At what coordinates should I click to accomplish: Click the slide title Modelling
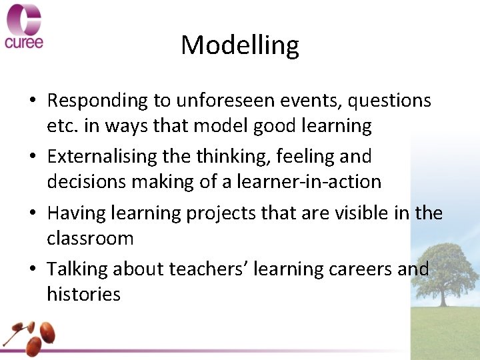[x=240, y=45]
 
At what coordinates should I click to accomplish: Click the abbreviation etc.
[x=62, y=125]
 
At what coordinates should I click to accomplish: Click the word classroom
[x=90, y=238]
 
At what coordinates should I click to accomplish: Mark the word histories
[x=83, y=294]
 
